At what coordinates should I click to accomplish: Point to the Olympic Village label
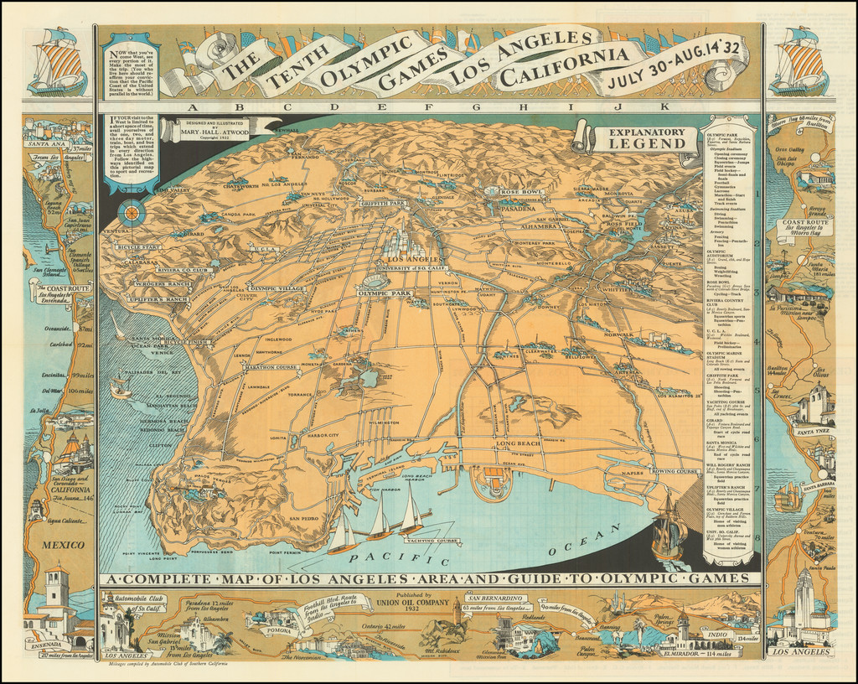tap(277, 288)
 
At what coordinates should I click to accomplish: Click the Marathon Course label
tap(271, 366)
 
